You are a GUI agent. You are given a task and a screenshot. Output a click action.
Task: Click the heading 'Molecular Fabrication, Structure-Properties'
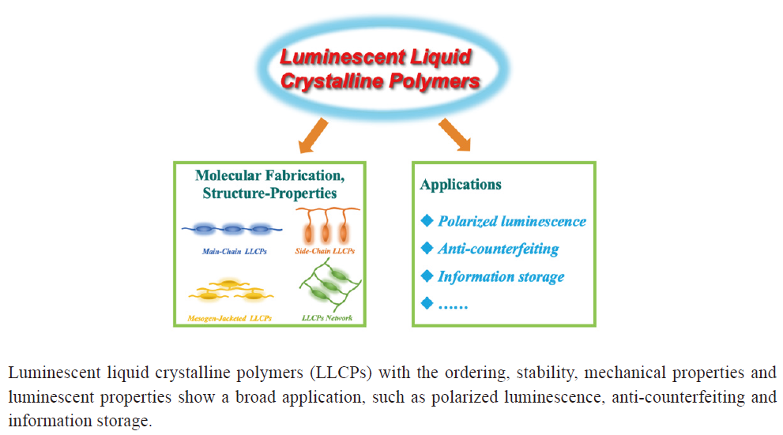click(x=270, y=183)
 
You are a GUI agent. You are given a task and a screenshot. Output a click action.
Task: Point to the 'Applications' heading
click(x=461, y=185)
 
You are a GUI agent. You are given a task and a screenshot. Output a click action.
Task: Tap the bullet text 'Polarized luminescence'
click(x=512, y=221)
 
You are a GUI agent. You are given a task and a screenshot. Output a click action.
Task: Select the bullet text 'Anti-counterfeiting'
click(x=498, y=249)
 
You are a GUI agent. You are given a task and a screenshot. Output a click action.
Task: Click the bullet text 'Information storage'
click(x=501, y=276)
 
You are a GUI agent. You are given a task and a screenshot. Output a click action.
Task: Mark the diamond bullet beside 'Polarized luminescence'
click(x=427, y=221)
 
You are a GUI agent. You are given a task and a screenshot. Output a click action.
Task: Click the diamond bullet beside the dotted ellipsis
click(x=427, y=303)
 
